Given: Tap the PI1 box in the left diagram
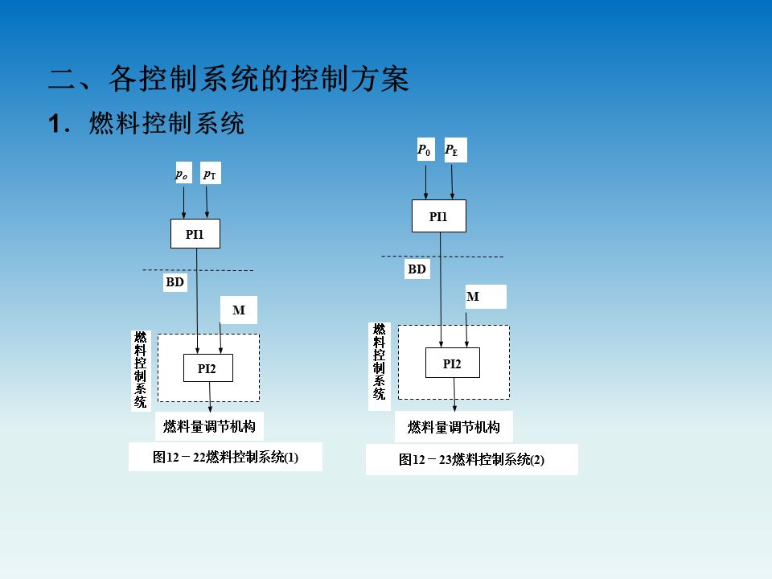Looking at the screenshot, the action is (x=195, y=235).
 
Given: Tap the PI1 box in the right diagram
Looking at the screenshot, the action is (x=438, y=216).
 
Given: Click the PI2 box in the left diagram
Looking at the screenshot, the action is (x=207, y=368).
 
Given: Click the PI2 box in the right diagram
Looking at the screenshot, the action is (x=452, y=363).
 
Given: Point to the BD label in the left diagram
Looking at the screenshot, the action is (x=175, y=282).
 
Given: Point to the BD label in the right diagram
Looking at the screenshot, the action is (x=417, y=269).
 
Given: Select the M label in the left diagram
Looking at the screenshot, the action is (x=238, y=310).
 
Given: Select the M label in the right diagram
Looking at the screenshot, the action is (x=474, y=297).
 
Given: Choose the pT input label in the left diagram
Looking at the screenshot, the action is (x=209, y=174).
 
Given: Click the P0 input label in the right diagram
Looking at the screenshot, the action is (x=425, y=150).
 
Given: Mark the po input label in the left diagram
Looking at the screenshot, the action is (x=183, y=173).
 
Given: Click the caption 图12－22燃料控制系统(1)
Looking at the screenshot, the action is (x=225, y=458).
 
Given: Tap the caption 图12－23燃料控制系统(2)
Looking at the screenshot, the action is (x=471, y=460).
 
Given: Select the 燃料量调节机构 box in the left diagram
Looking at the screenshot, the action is (x=209, y=425).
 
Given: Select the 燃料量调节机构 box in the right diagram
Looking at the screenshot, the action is (x=454, y=427).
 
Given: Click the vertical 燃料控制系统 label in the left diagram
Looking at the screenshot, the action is (x=141, y=370).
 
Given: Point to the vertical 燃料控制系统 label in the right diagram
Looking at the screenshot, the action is (x=379, y=362).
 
